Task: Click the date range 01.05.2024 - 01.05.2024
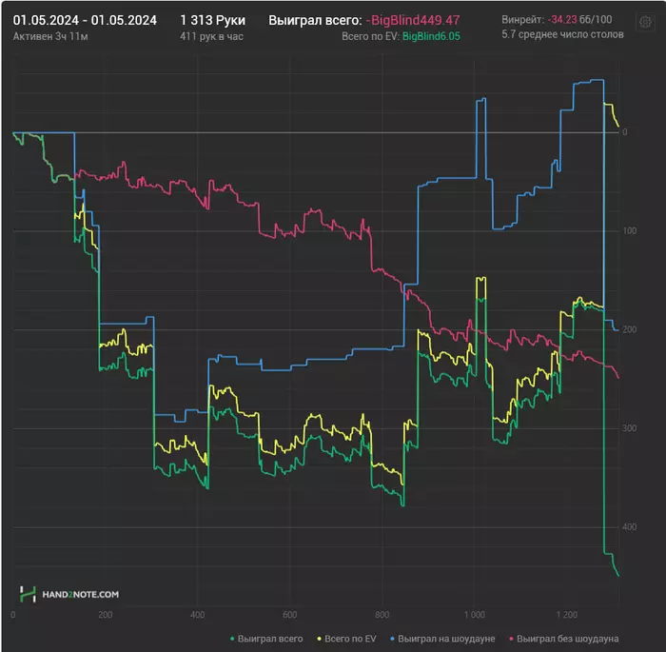coord(85,19)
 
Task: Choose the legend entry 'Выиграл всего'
coord(271,638)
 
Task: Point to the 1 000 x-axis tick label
coord(475,615)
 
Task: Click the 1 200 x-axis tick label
coord(568,615)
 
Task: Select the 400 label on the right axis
coord(629,526)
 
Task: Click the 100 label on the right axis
coord(629,231)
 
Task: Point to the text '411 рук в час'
coord(210,35)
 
